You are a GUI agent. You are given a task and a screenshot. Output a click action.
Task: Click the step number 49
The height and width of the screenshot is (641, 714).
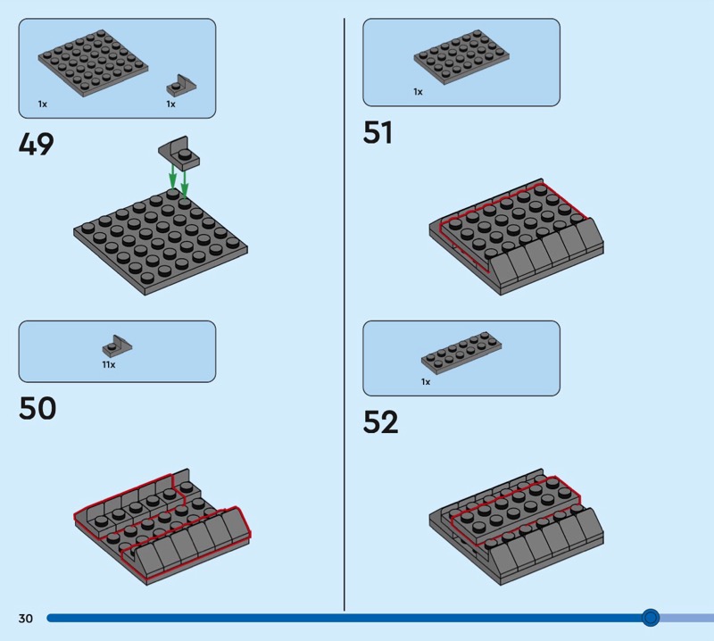point(37,145)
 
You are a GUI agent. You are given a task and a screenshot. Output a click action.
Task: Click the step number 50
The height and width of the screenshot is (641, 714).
point(37,408)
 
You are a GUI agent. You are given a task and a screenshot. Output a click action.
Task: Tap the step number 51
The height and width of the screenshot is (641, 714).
point(378,133)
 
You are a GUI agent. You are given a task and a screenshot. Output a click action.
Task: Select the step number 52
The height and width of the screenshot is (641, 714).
point(380,422)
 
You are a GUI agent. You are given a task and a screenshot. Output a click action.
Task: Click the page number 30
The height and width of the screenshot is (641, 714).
point(25,618)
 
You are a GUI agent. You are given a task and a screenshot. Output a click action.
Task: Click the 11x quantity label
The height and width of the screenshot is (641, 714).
point(108,364)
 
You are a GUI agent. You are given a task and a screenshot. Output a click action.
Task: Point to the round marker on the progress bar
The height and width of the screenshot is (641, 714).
point(651,617)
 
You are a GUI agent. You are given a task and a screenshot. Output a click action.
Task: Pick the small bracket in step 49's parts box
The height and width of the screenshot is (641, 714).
point(181,86)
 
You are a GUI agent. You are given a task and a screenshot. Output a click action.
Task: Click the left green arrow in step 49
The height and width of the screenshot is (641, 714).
point(172,176)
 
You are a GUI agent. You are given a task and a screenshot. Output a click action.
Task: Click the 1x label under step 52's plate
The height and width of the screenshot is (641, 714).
point(426,381)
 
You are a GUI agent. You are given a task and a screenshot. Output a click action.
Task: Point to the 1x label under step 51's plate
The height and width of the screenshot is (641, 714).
point(418,92)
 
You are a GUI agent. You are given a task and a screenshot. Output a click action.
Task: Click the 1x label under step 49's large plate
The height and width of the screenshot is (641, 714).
point(42,104)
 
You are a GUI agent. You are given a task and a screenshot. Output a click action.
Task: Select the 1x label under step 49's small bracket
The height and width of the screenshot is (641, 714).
point(170,104)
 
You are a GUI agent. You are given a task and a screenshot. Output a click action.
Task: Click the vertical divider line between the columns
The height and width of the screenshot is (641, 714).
point(345,312)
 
